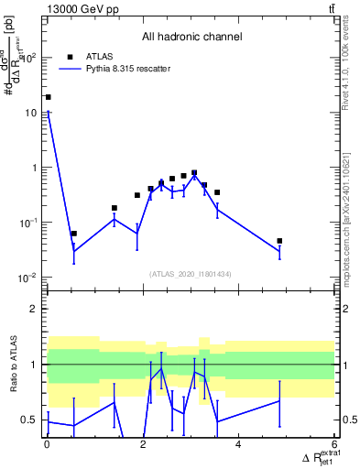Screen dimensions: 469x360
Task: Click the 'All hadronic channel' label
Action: [192, 38]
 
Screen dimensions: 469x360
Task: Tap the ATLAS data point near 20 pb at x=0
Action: [48, 97]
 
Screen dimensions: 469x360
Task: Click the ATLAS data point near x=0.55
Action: [73, 234]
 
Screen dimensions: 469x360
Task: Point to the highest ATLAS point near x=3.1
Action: [194, 172]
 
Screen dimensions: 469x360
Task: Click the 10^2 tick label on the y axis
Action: [29, 58]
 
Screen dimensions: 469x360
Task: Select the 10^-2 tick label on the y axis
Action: [29, 278]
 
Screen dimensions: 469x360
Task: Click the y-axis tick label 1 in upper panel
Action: [36, 168]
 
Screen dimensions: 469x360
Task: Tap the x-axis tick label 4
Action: [238, 445]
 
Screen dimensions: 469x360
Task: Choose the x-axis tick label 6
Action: [333, 445]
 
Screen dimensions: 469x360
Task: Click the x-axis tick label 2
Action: [142, 445]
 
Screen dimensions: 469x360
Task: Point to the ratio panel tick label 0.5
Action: [31, 420]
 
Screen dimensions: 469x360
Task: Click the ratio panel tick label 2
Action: [36, 309]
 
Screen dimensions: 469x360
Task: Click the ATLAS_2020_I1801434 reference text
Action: [191, 274]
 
